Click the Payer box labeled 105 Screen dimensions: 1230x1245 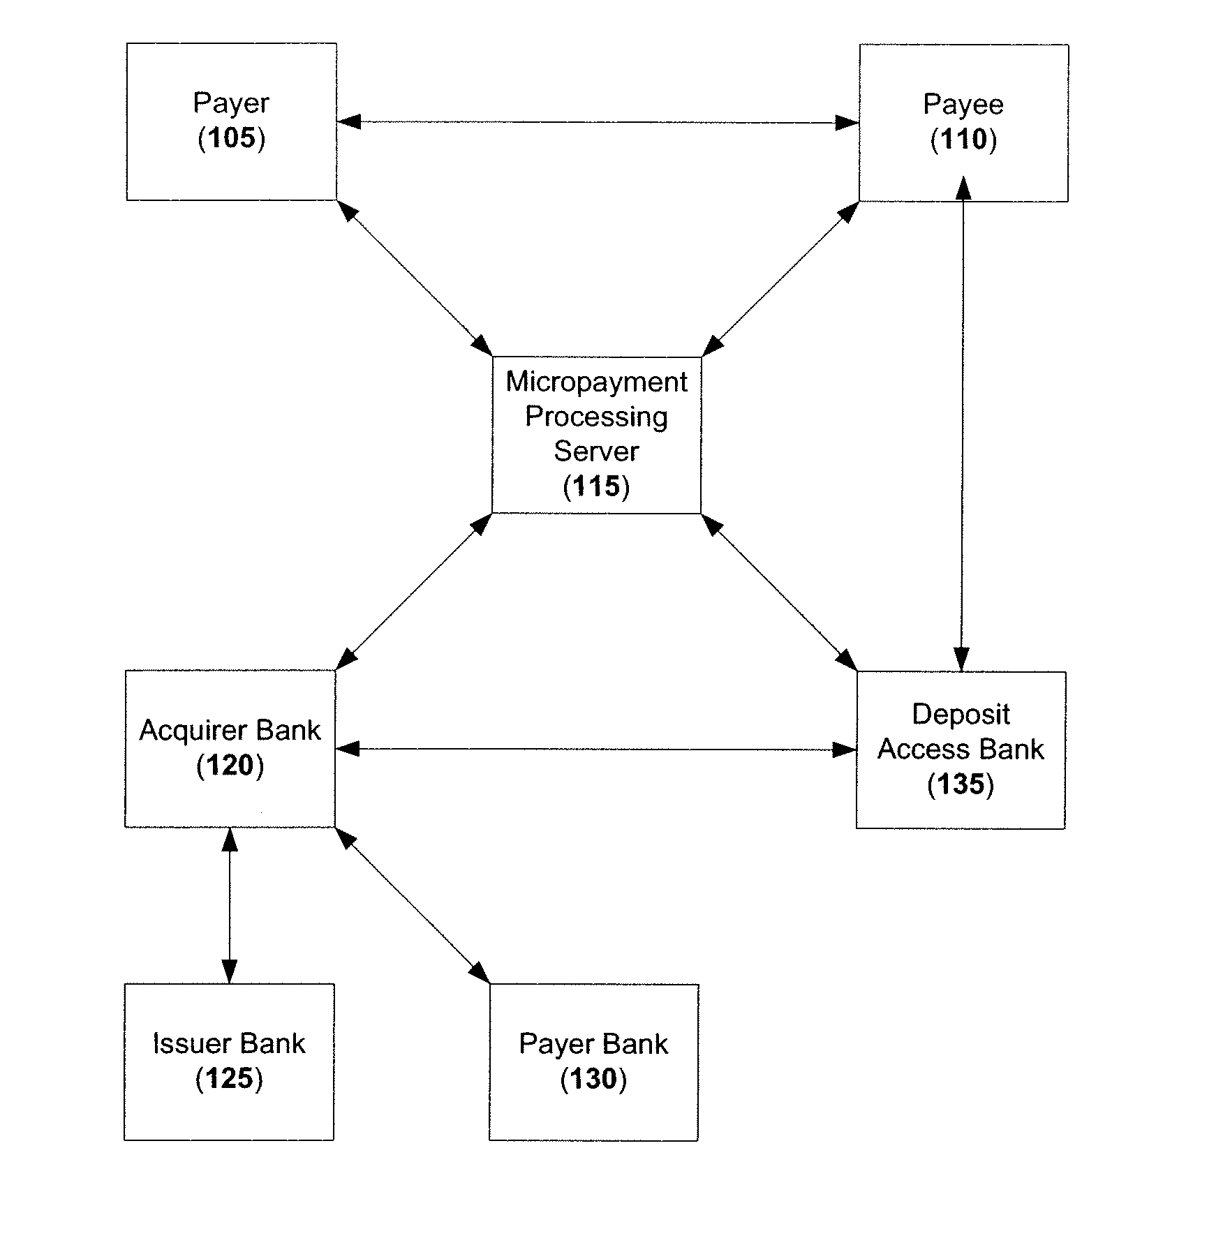[232, 122]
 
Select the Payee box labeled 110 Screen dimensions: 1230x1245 [963, 123]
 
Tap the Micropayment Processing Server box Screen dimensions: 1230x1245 [597, 435]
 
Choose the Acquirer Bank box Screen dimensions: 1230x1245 [230, 749]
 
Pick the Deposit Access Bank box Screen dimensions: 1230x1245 [961, 750]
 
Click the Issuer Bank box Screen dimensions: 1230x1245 [229, 1062]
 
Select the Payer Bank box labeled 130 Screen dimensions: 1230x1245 [594, 1063]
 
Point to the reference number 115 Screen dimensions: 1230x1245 [597, 486]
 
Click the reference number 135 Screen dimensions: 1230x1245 [961, 784]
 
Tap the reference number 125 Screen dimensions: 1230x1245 [229, 1078]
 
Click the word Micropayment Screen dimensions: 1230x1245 [597, 382]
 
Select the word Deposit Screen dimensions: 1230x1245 [961, 714]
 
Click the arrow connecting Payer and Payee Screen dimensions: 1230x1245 [598, 123]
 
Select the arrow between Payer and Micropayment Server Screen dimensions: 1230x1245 [415, 278]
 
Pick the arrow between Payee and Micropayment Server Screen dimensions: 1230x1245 [780, 279]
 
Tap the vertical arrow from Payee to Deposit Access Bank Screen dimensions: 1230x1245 [963, 424]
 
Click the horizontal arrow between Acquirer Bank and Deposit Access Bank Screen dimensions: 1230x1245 [596, 750]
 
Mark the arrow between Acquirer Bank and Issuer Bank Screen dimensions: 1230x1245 [230, 906]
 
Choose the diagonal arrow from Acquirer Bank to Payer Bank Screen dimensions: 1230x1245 [413, 906]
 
